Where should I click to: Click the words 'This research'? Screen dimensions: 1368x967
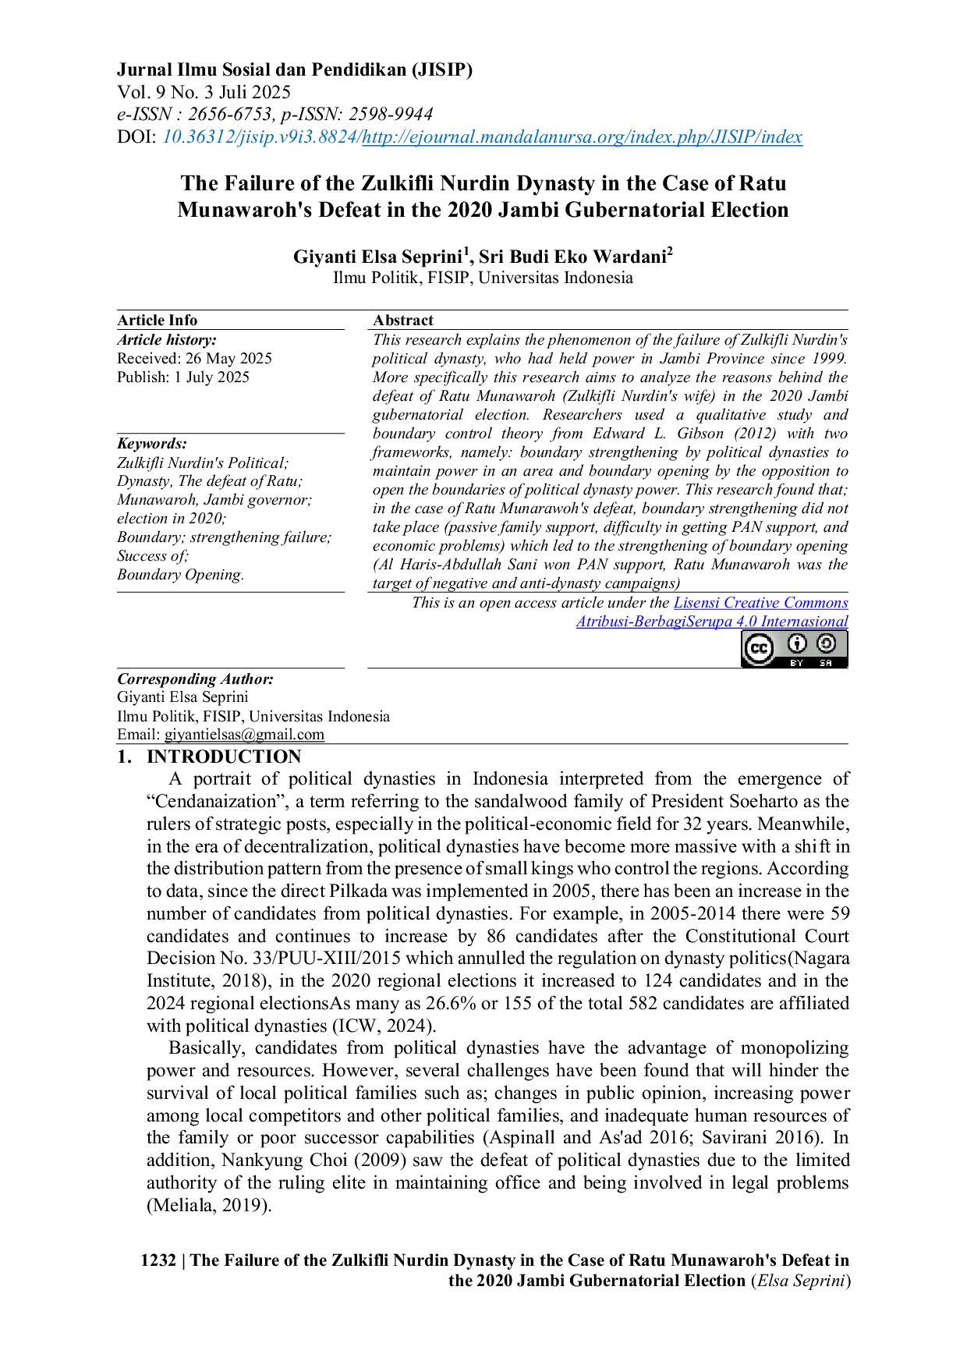coord(416,339)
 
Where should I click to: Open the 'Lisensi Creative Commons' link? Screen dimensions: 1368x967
coord(760,603)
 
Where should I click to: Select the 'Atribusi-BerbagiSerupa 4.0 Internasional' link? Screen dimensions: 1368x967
coord(710,622)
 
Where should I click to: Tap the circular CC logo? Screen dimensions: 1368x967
coord(758,649)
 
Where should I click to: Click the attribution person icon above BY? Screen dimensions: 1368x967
coord(797,644)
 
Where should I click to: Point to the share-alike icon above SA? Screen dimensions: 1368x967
coord(826,644)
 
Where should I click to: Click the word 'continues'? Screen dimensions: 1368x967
coord(312,936)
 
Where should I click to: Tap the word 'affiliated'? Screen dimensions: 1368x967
coord(814,1003)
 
